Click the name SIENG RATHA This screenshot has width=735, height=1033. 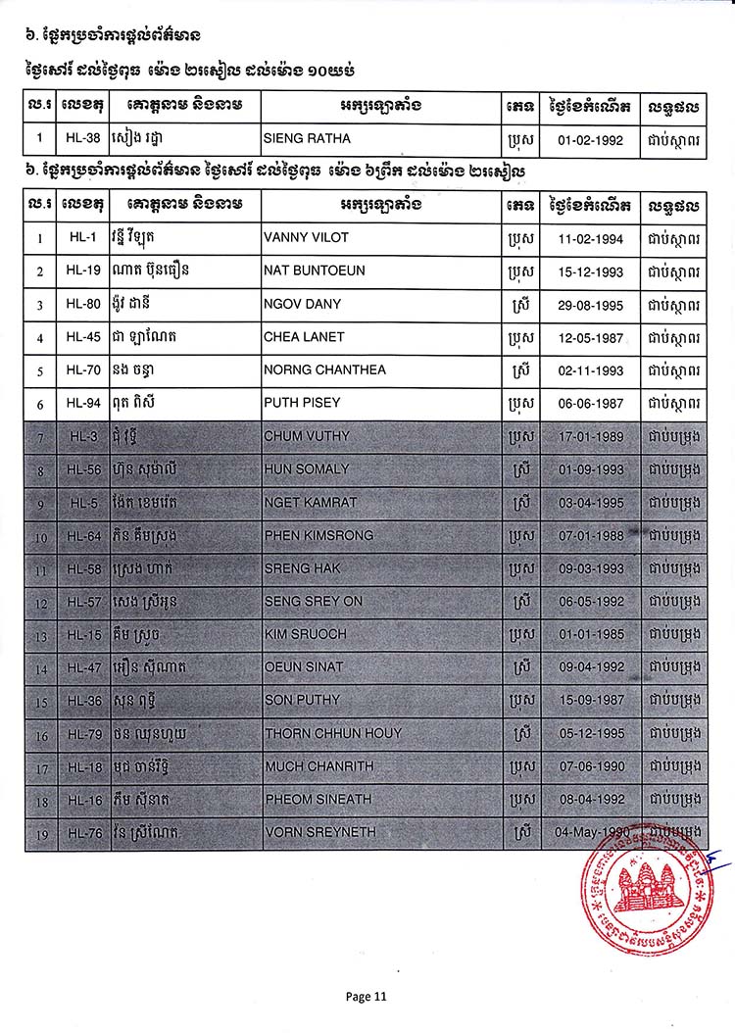tap(302, 138)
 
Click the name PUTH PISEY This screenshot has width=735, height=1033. tap(300, 404)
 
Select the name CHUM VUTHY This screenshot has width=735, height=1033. tap(307, 436)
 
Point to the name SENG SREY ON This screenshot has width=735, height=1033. tap(314, 601)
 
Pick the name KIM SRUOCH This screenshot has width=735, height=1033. tap(305, 634)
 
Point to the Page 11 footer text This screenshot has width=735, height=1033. tap(367, 997)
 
